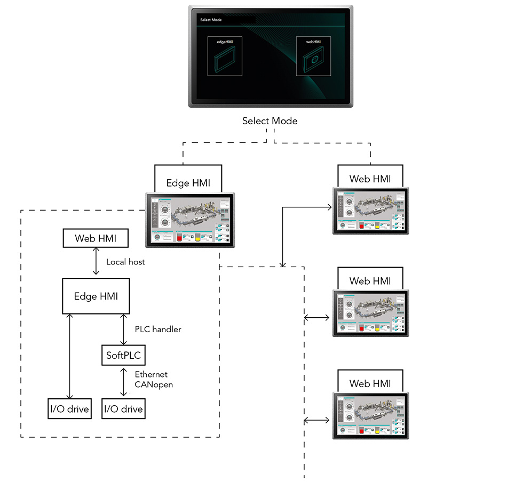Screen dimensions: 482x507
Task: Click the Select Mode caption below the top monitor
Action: [270, 121]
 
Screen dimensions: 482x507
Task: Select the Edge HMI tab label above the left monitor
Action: [188, 183]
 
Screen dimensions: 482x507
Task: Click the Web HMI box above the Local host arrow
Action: [96, 238]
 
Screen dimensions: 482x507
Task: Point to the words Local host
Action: [125, 262]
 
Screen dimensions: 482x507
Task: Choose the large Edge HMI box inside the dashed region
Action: [96, 296]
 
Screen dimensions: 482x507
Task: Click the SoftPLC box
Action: [123, 355]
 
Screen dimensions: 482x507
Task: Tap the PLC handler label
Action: [157, 330]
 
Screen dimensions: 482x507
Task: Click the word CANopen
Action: [154, 384]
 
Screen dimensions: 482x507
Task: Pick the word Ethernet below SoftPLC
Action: [151, 375]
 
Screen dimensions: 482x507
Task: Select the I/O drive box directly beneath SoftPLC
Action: [123, 409]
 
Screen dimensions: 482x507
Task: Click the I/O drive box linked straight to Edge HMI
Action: [69, 409]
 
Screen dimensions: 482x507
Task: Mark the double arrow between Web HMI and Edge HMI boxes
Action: [96, 262]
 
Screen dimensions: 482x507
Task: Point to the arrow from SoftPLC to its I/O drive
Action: [123, 381]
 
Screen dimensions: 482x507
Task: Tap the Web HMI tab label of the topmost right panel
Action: [370, 179]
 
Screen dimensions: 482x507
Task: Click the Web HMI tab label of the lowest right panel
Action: [370, 383]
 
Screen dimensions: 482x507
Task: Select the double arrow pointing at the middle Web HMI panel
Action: [317, 318]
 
